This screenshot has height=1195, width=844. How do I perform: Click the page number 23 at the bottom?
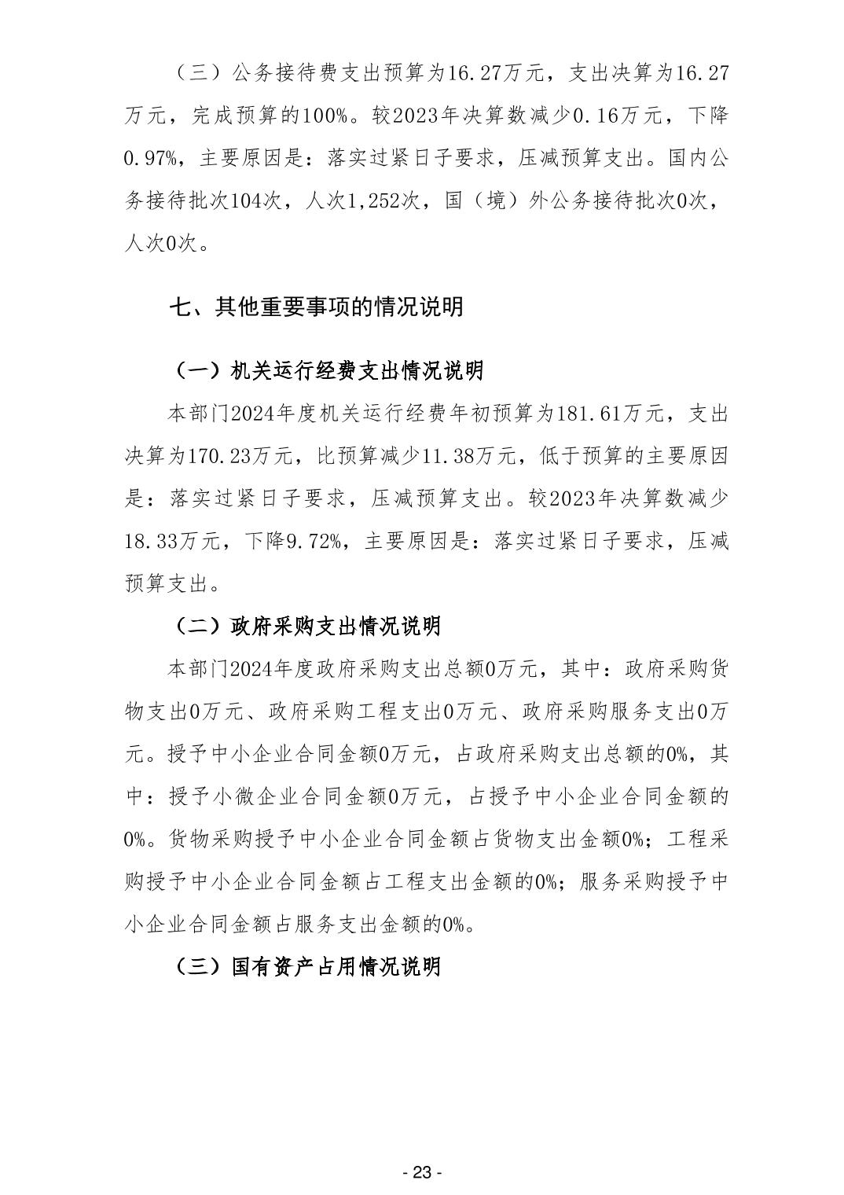tap(422, 1173)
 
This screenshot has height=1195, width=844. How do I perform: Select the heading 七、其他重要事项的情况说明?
tap(316, 307)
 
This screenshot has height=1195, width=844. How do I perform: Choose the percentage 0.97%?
tap(151, 159)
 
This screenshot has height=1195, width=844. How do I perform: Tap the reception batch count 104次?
tap(256, 201)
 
